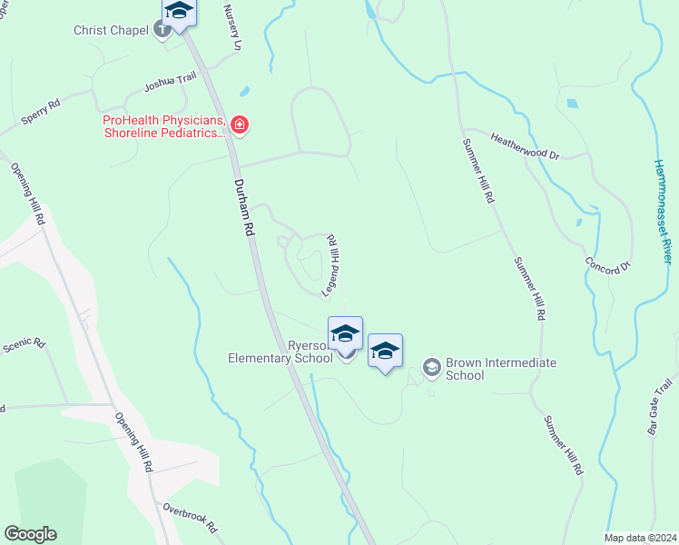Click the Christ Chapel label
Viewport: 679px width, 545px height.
(x=111, y=30)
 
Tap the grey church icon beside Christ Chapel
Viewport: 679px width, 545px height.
(x=162, y=30)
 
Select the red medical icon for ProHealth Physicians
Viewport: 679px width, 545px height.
(x=239, y=125)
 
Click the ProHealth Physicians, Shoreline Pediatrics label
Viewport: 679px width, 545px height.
(x=163, y=126)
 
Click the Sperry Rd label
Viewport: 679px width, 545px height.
(x=41, y=114)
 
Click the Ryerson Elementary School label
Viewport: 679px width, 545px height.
(x=280, y=352)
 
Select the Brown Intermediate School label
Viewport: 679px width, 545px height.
(x=502, y=369)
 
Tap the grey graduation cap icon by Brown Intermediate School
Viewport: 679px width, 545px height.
(x=431, y=367)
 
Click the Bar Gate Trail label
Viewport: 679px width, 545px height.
(x=660, y=408)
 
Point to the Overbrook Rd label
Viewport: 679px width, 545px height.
(x=191, y=517)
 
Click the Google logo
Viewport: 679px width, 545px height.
(x=30, y=534)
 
